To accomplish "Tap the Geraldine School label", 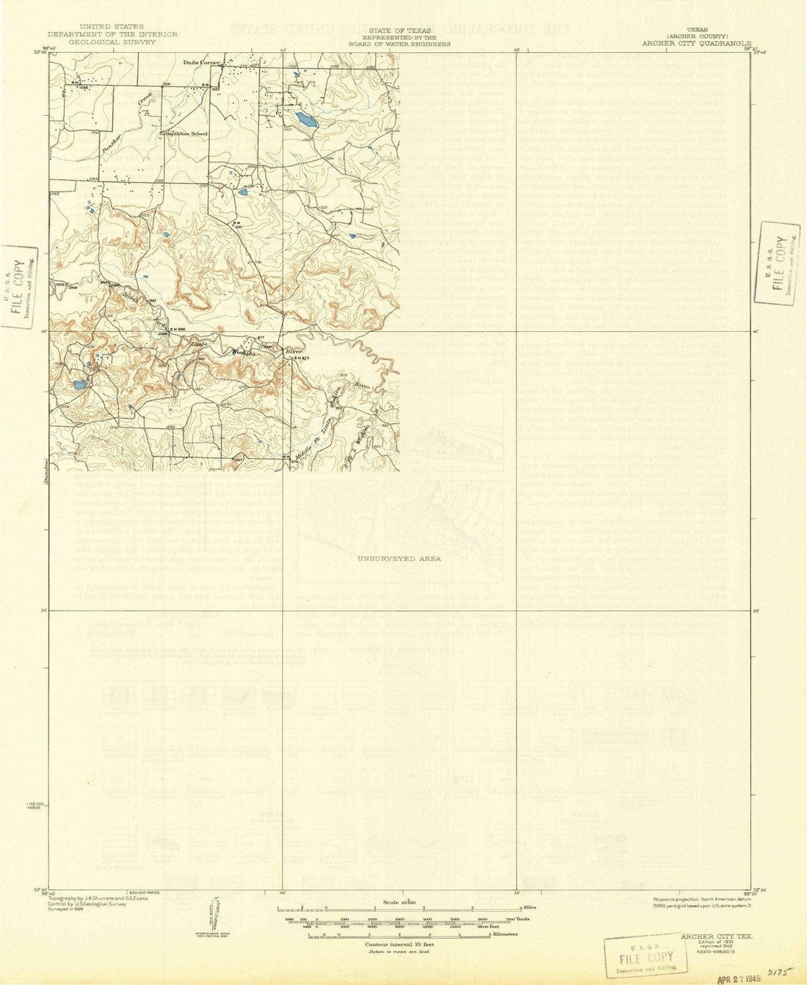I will point(187,134).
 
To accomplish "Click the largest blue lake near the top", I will point(306,119).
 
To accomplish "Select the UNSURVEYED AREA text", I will point(399,558).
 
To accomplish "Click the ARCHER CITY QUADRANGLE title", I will point(697,44).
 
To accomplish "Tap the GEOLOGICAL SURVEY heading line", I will point(112,43).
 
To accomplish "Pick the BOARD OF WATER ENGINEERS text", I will point(406,44).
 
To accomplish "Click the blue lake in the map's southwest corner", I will point(79,386).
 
